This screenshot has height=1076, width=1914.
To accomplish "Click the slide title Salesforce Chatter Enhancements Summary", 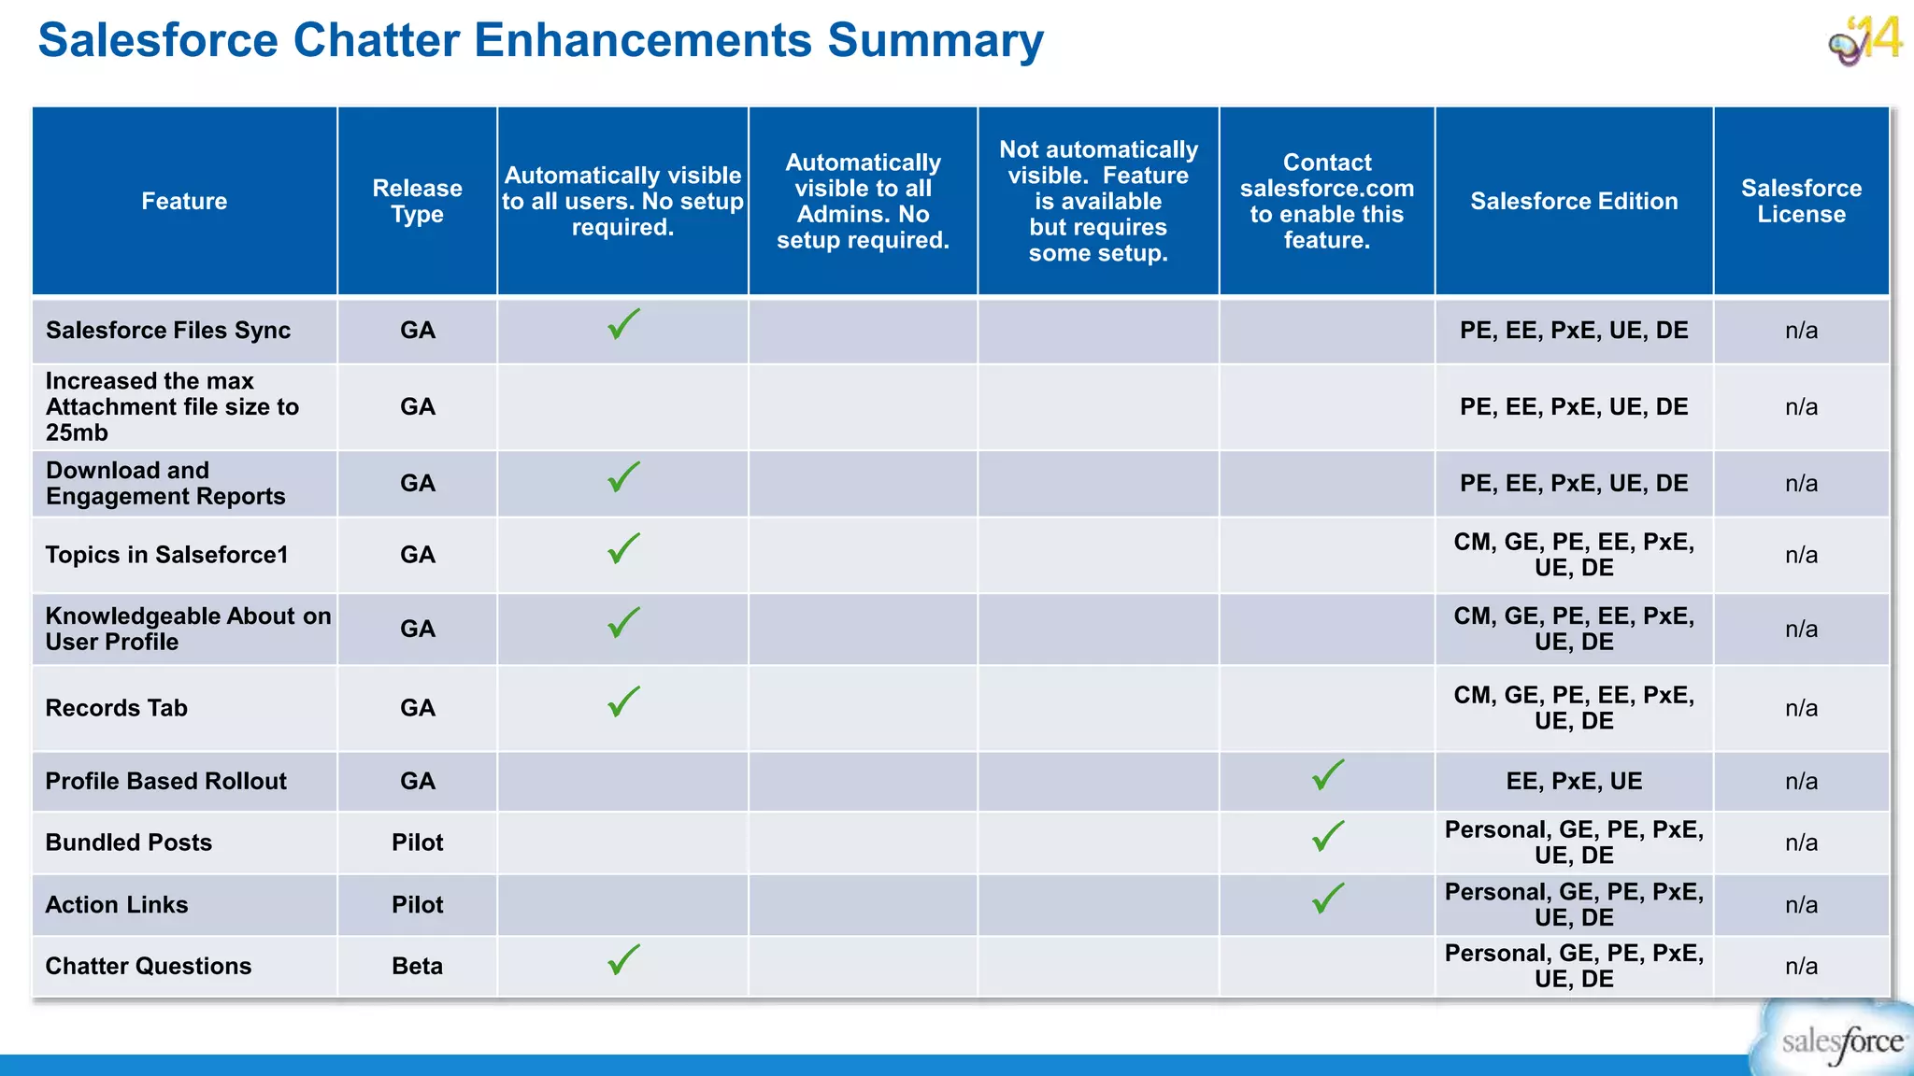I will tap(540, 41).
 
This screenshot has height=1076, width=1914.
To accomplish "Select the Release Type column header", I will tap(417, 201).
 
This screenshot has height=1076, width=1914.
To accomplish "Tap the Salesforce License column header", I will tap(1801, 201).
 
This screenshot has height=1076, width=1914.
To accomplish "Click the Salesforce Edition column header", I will tap(1574, 201).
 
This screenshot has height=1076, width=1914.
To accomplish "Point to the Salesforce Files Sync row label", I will tap(168, 331).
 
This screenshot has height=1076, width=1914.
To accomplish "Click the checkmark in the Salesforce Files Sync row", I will tap(623, 325).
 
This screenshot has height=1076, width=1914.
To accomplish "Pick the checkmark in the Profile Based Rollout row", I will tap(1327, 775).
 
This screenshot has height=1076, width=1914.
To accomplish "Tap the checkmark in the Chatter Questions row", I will tap(623, 960).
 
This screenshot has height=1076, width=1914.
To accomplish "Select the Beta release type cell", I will tap(417, 966).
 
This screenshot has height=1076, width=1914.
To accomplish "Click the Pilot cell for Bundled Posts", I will tap(417, 842).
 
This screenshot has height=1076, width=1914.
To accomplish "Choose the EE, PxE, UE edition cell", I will tap(1574, 781).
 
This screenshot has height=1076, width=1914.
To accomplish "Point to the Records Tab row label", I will tap(117, 708).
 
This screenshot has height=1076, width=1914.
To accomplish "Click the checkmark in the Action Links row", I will tap(1327, 899).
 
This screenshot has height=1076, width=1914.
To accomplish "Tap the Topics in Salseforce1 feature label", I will tap(167, 555).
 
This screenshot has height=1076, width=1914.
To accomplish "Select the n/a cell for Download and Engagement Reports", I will tap(1801, 484).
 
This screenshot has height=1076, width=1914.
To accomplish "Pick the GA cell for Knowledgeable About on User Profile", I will tap(417, 629).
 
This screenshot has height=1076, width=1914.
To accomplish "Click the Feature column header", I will tap(184, 201).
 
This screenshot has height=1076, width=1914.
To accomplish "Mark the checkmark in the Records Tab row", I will tap(623, 702).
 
